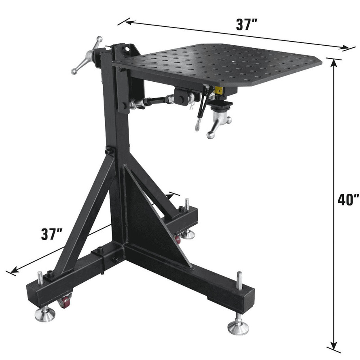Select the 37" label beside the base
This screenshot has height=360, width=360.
52,234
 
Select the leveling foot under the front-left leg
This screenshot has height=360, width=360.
44,313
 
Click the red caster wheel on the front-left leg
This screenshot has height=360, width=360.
65,301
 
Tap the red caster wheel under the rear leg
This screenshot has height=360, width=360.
177,239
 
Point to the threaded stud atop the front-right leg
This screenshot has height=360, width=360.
239,280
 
